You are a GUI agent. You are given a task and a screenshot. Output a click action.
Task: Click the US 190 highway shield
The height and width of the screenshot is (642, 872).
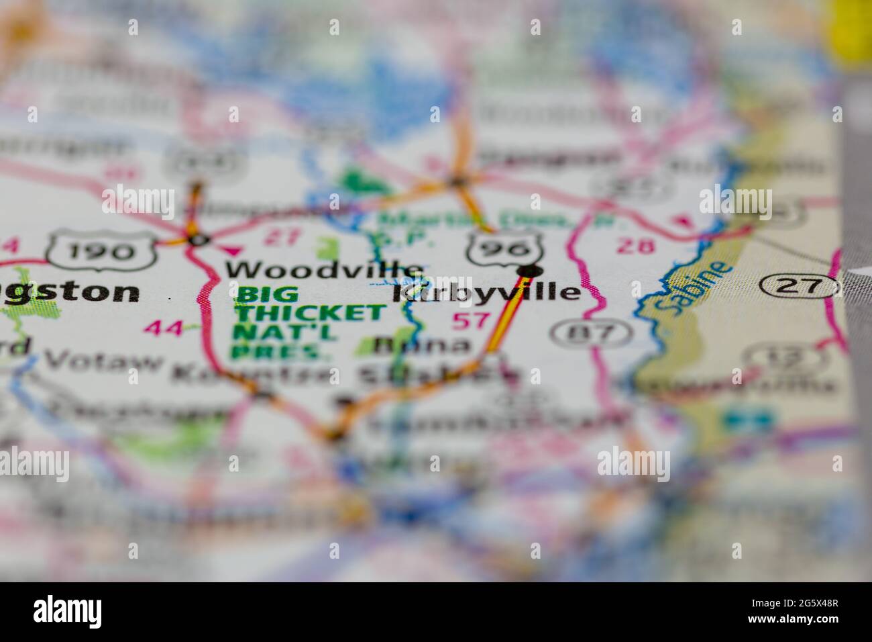(102, 251)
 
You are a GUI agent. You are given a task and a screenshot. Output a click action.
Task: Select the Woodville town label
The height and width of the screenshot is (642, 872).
(324, 270)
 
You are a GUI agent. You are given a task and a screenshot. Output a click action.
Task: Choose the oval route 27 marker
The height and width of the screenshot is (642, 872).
(800, 287)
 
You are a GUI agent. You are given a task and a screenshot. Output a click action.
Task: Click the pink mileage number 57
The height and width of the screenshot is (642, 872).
(471, 320)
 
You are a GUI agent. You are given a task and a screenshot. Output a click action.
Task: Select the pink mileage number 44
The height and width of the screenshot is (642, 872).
(163, 328)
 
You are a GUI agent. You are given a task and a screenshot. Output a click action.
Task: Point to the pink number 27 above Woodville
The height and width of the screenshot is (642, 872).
(281, 236)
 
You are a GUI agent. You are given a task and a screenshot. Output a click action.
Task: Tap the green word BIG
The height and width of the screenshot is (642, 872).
(258, 294)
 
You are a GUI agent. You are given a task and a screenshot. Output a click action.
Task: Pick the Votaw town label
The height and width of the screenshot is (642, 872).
(103, 361)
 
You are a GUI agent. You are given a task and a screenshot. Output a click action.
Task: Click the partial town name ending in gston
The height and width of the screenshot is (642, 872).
(70, 293)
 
